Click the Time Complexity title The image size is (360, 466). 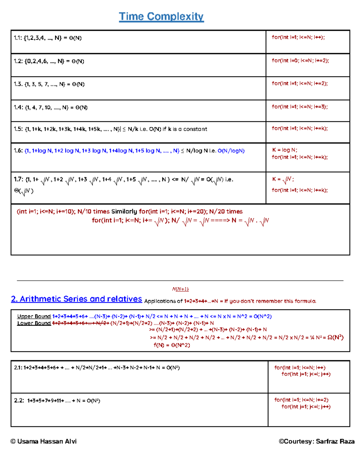[x=161, y=17]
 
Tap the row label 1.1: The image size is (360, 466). [x=18, y=38]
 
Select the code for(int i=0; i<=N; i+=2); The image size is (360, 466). [x=300, y=61]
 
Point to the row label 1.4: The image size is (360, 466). [x=18, y=107]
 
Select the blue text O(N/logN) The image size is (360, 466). [x=231, y=151]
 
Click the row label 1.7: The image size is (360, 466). [x=18, y=179]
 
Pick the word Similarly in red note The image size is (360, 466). [x=124, y=212]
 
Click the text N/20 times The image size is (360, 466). [x=226, y=212]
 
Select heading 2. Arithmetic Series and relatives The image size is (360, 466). [x=76, y=299]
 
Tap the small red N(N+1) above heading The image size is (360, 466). [x=180, y=289]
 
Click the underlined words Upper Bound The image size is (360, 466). [x=34, y=316]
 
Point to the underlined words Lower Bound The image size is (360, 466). [x=34, y=323]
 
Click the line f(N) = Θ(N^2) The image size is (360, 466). [x=172, y=345]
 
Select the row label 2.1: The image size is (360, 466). [x=18, y=368]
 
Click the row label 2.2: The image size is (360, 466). [x=19, y=401]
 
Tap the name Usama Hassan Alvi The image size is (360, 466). [x=47, y=441]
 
